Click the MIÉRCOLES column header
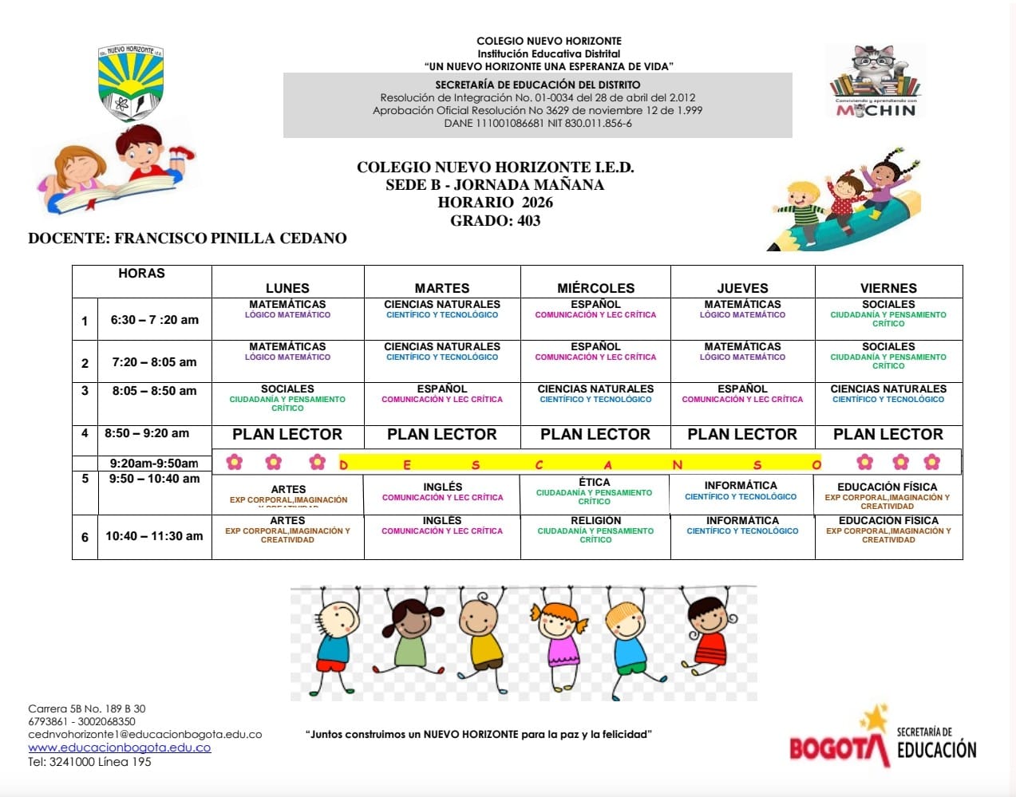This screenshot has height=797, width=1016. point(595,288)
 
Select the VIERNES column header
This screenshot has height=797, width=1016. point(888,288)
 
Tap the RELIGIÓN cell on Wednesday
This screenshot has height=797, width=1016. point(595,529)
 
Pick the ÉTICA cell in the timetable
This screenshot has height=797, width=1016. point(595,491)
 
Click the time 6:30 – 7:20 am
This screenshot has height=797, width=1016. point(154,320)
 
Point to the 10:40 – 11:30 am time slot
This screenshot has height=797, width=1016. point(154,536)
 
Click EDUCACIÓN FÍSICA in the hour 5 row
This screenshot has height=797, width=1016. point(888,495)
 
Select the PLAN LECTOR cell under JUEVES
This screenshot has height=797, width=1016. point(742,435)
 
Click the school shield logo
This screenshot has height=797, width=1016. point(131,82)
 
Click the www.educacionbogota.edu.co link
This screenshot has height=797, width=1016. point(120,748)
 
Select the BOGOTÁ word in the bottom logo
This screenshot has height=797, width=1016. point(838,748)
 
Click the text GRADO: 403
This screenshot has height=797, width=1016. point(495,221)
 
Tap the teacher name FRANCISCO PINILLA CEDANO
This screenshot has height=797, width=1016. point(231,238)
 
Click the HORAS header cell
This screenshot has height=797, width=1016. point(141,274)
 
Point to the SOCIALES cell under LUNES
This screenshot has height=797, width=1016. point(287,397)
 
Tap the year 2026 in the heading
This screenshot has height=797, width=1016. point(537,203)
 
